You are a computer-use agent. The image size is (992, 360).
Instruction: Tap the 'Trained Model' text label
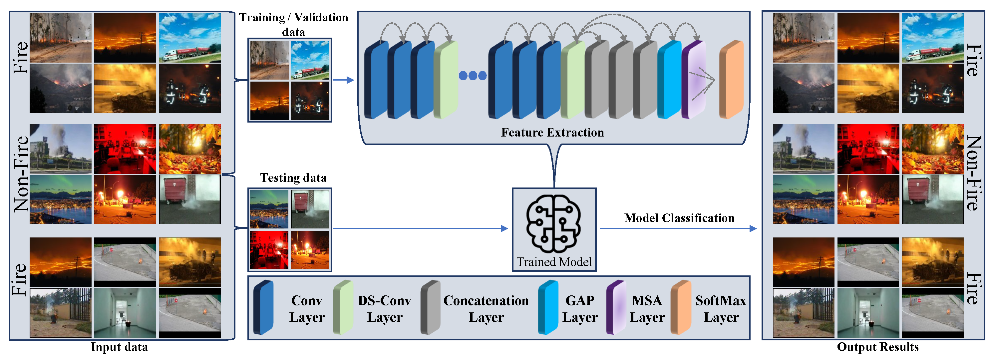click(x=554, y=262)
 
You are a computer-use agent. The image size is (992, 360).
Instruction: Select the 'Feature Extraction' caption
click(x=552, y=133)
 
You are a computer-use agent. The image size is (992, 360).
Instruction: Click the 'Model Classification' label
click(x=679, y=218)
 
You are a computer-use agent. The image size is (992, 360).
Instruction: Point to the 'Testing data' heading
click(x=293, y=178)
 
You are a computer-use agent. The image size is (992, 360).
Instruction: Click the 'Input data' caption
click(x=119, y=347)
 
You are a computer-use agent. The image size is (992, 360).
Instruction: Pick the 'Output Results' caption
click(x=878, y=347)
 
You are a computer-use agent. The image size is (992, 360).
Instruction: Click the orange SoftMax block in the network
click(x=731, y=79)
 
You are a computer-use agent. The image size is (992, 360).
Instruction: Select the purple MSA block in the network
click(x=694, y=79)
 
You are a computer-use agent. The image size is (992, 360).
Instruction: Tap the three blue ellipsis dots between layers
click(x=473, y=76)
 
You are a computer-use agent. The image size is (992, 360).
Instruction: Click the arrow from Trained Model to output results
click(x=678, y=228)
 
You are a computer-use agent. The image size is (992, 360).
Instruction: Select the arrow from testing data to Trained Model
click(x=420, y=228)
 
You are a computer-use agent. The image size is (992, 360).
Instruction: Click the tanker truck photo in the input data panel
click(x=190, y=38)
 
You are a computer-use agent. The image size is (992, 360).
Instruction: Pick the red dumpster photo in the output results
click(x=933, y=199)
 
